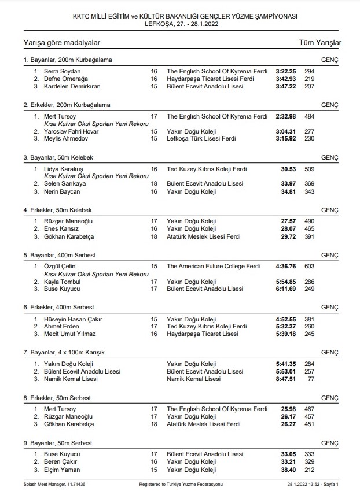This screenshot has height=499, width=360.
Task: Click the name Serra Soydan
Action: (x=61, y=71)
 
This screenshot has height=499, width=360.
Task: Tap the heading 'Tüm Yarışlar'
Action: (x=320, y=43)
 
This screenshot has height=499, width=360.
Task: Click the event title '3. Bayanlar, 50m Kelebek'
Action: (x=58, y=157)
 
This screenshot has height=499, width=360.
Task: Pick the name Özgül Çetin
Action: (x=60, y=266)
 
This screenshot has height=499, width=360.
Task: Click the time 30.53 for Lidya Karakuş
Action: (x=288, y=169)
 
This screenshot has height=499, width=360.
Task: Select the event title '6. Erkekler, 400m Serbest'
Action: (x=59, y=307)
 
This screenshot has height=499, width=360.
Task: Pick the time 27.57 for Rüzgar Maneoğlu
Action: (x=288, y=221)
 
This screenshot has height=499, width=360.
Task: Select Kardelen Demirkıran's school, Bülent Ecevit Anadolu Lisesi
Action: (x=204, y=86)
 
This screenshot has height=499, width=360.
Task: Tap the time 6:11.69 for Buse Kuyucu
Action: (x=286, y=289)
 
